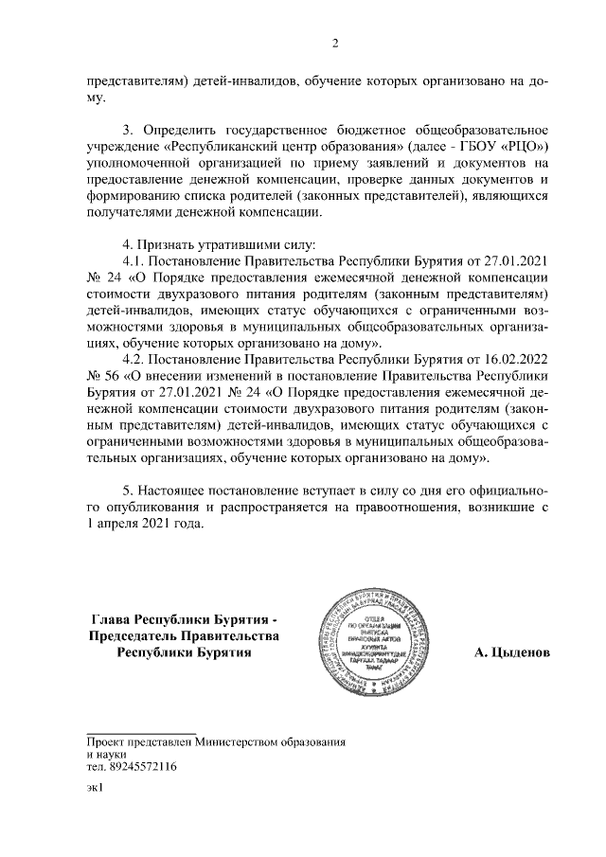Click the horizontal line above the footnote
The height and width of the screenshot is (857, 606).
[141, 732]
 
